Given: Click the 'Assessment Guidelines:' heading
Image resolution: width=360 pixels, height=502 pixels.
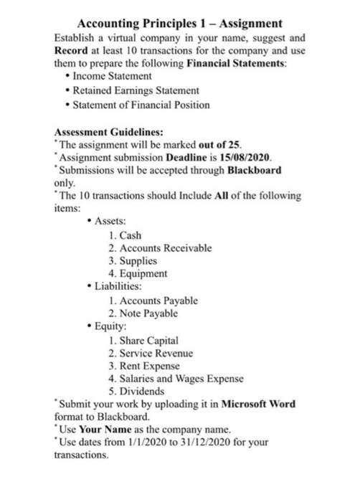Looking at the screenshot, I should tap(109, 132).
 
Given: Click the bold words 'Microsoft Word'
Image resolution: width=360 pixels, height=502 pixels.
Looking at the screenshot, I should tap(260, 404).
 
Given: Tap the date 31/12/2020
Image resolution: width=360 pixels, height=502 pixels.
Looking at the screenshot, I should tap(213, 442).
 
